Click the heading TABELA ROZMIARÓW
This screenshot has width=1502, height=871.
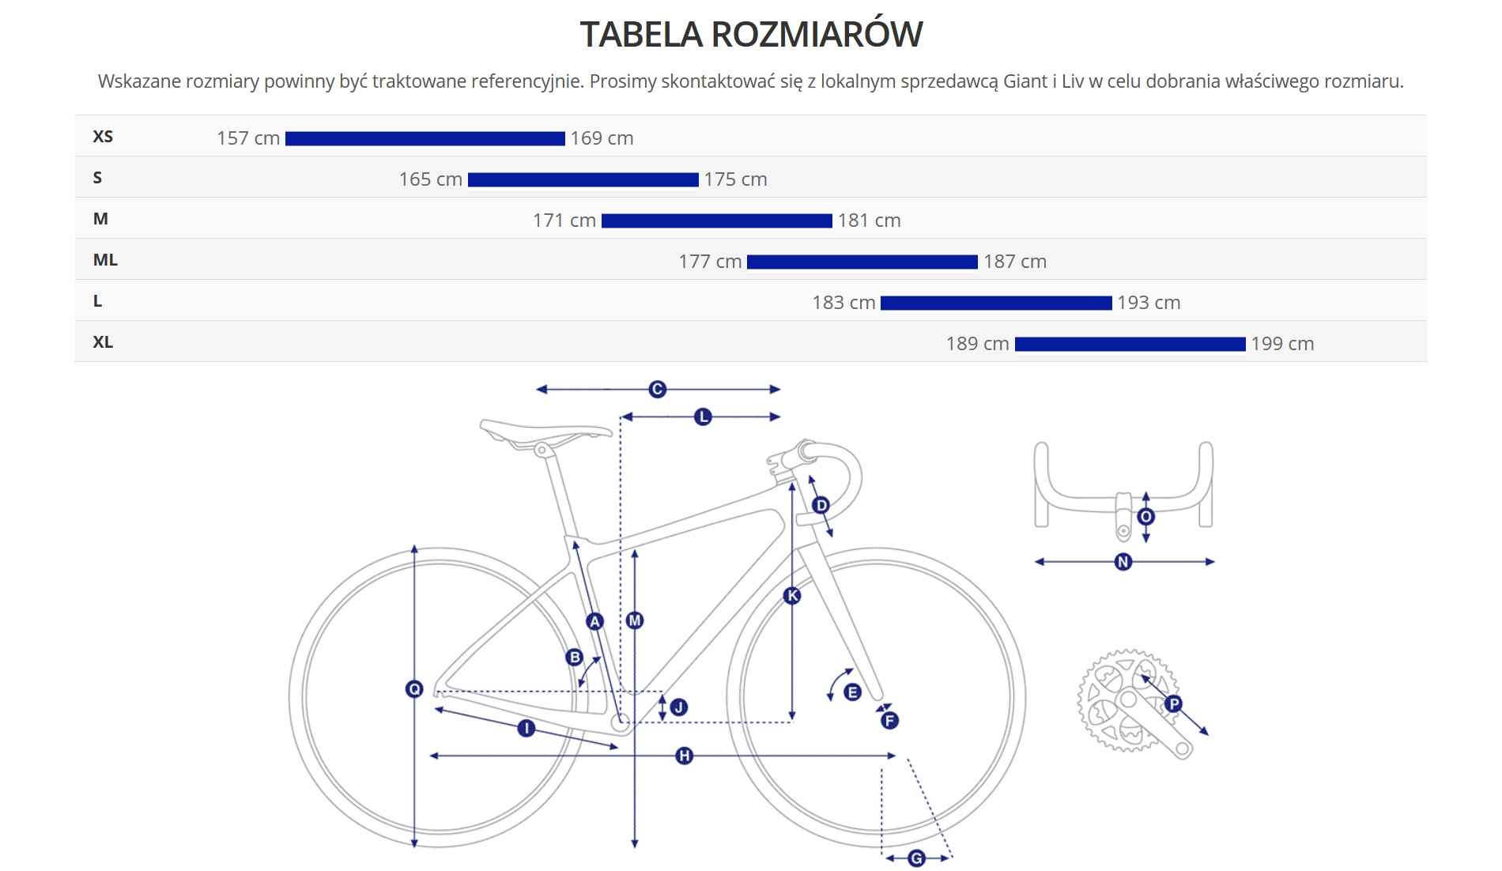pos(751,35)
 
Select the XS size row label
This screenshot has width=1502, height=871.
pos(103,137)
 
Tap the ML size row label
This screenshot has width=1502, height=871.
pos(105,260)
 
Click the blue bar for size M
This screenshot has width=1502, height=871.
pos(716,221)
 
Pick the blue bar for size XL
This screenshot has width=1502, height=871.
pos(1130,344)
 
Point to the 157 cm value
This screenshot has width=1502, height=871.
pos(248,138)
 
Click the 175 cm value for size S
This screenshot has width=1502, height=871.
pos(735,179)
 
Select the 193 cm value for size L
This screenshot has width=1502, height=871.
pos(1148,303)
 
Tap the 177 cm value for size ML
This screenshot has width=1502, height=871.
pos(710,262)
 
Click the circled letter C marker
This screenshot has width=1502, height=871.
pos(657,389)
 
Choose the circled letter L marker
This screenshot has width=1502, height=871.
pos(703,417)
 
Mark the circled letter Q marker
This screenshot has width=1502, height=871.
pos(414,689)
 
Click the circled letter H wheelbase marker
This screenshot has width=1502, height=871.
pos(685,756)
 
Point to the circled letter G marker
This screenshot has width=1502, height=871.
pos(916,858)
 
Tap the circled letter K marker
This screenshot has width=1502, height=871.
pos(792,596)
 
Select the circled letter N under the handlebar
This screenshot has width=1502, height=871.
pos(1123,562)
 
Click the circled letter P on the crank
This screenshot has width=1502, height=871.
pos(1174,703)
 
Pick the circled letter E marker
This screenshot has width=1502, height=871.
pos(852,692)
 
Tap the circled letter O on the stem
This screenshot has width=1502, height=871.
pos(1146,517)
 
